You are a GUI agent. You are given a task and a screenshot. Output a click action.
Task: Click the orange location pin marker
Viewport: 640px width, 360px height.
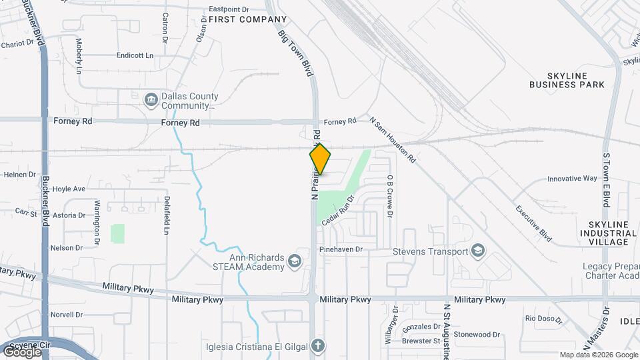(321, 159)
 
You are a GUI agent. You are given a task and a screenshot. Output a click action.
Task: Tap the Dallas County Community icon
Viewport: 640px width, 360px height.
(151, 101)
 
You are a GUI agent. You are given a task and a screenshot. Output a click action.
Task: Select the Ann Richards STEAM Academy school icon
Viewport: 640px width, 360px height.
(295, 263)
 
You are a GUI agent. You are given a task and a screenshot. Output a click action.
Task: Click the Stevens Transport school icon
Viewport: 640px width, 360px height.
(477, 251)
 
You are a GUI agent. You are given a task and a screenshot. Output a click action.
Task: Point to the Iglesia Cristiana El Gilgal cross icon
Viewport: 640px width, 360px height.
(318, 345)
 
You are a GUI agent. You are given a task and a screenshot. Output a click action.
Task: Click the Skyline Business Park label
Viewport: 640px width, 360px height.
(567, 80)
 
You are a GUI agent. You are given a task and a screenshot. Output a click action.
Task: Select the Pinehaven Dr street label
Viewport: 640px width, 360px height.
(340, 249)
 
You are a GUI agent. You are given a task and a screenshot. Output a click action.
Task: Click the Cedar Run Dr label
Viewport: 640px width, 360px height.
(337, 212)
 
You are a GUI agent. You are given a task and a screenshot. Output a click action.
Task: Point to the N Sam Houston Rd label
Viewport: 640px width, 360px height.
(393, 140)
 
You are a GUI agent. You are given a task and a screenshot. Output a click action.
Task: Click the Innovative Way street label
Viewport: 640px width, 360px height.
(572, 179)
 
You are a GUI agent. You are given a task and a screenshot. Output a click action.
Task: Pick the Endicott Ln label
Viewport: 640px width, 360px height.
(135, 55)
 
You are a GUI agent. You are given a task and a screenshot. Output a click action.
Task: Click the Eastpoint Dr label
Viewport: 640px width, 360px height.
(229, 9)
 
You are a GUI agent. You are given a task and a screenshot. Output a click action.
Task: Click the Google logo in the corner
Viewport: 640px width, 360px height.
(22, 351)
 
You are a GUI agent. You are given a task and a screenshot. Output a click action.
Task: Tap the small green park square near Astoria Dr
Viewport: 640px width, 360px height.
(117, 233)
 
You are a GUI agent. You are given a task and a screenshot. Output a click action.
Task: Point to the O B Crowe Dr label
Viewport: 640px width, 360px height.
(389, 197)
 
